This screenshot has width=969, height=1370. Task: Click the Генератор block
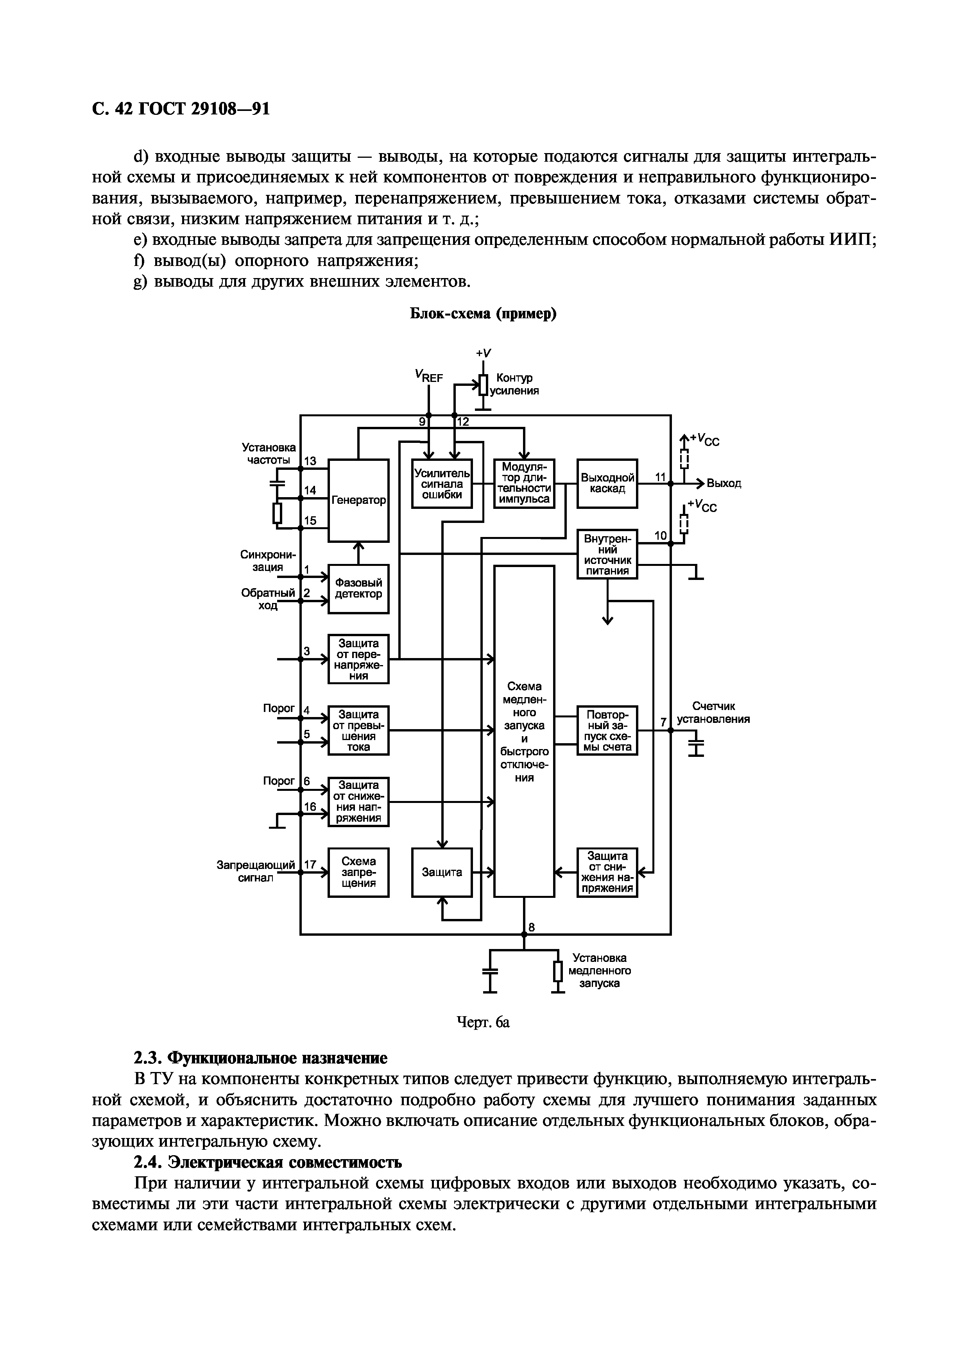tap(358, 500)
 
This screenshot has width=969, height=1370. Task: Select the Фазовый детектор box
tap(358, 589)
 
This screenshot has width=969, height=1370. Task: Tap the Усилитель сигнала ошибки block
tap(442, 483)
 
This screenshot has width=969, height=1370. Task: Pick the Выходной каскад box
tap(607, 483)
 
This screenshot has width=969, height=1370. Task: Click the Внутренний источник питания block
tap(607, 554)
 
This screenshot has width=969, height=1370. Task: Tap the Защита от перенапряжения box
tap(358, 659)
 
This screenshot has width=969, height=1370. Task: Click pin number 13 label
tap(310, 461)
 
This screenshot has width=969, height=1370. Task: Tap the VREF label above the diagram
tap(429, 375)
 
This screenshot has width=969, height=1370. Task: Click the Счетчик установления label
tap(713, 712)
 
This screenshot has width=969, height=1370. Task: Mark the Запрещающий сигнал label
tap(256, 871)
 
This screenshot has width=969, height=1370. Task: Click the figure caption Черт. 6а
tap(483, 1022)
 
